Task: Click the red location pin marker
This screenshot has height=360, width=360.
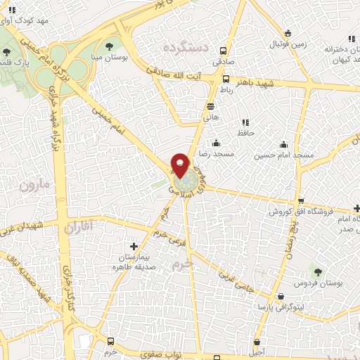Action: click(180, 165)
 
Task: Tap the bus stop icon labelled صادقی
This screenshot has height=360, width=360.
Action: click(224, 51)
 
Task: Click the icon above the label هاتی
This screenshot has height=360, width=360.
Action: click(211, 106)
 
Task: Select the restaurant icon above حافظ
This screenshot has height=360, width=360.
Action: click(245, 122)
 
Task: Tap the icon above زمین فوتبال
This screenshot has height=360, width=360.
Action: click(287, 33)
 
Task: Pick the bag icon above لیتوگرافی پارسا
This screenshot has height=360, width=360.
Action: click(281, 297)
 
